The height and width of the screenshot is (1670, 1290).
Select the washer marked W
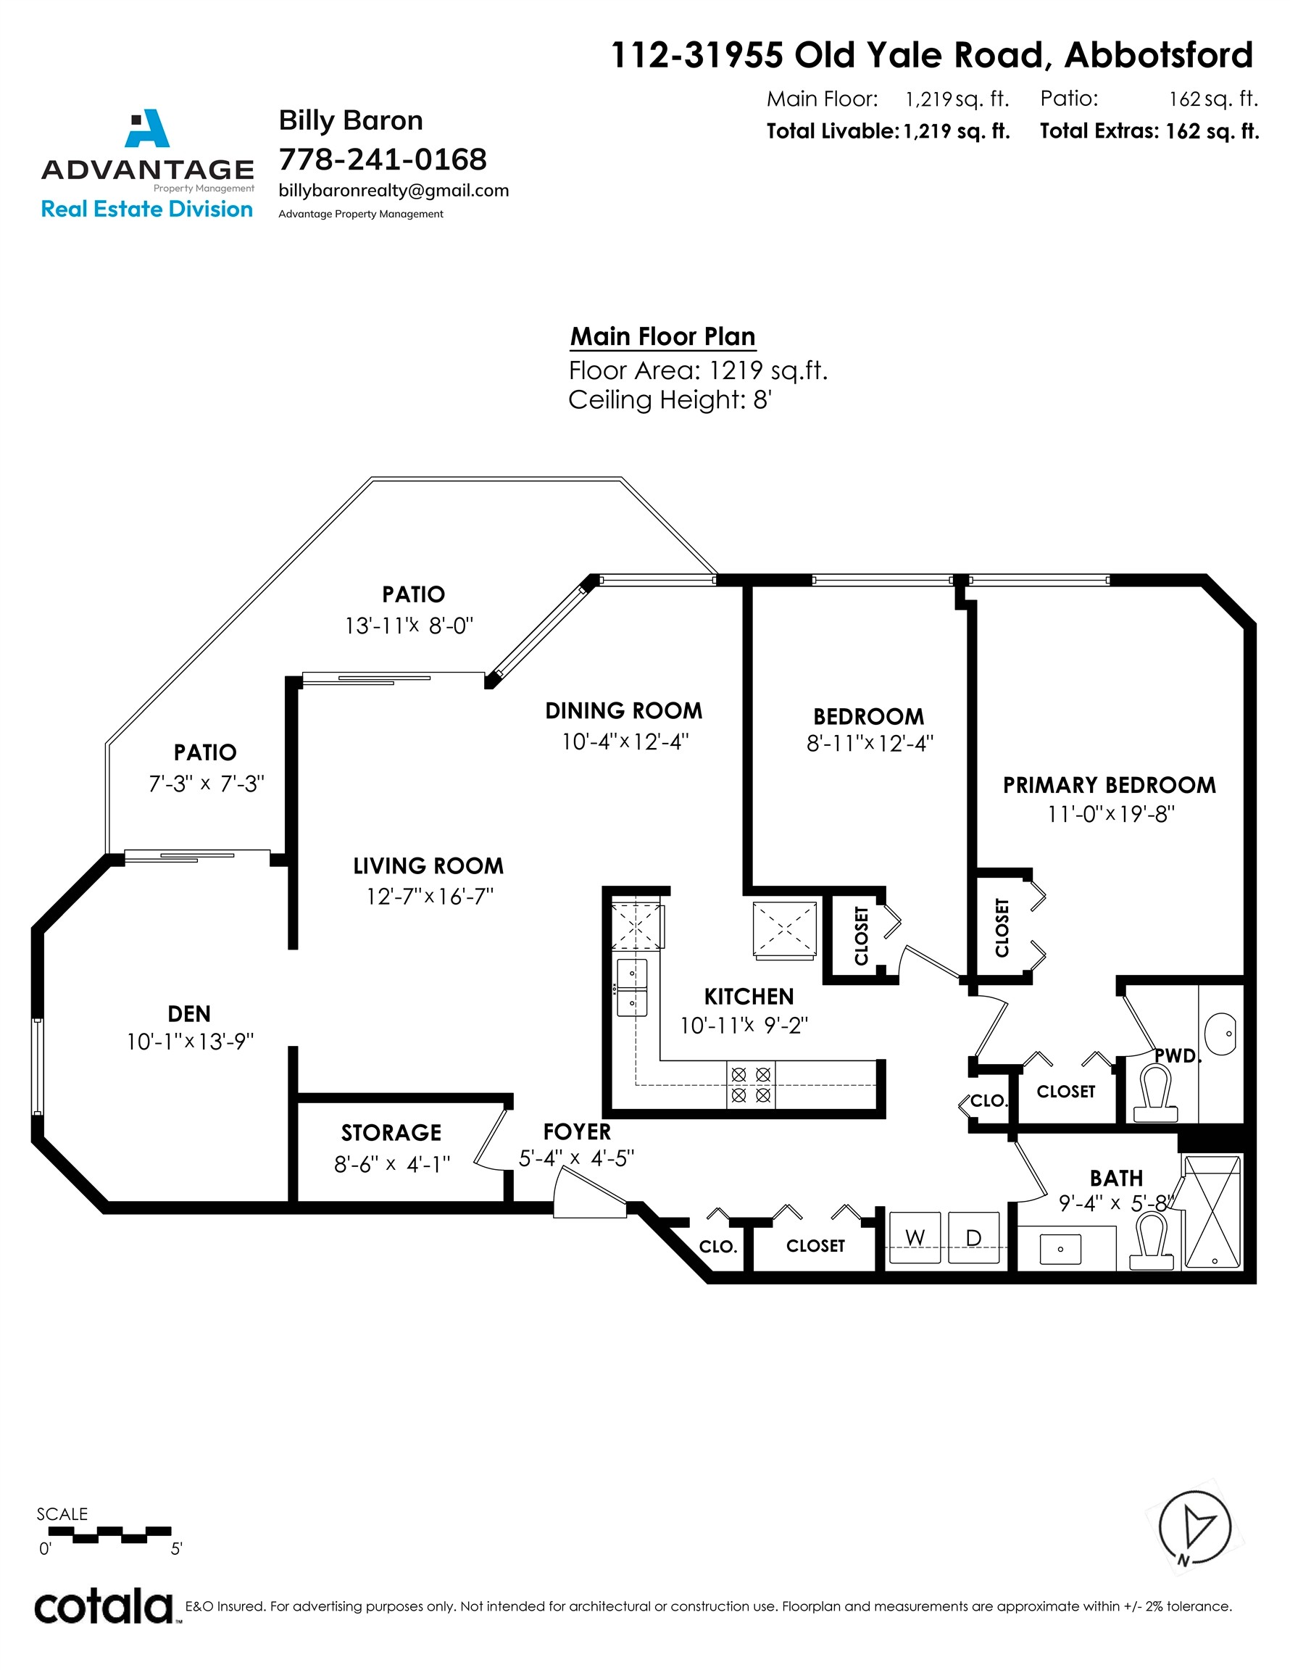tap(915, 1237)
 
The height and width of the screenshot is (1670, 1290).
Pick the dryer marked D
tap(973, 1237)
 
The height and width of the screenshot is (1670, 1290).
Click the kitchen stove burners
tap(750, 1085)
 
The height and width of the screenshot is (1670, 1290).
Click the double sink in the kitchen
tap(632, 988)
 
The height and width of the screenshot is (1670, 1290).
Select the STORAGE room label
tap(391, 1132)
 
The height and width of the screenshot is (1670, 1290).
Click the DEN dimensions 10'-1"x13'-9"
tap(190, 1042)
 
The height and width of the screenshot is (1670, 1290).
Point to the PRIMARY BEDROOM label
tap(1109, 785)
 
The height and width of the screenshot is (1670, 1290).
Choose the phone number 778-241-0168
tap(383, 159)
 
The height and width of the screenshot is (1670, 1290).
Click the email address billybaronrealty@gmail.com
tap(394, 191)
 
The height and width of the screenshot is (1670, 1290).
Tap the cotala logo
tap(105, 1605)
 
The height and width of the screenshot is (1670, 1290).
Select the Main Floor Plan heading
tap(663, 336)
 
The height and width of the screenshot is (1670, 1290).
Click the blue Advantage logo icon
tap(147, 128)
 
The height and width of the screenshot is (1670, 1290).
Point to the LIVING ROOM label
tap(428, 866)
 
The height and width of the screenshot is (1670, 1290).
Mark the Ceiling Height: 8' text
tap(670, 400)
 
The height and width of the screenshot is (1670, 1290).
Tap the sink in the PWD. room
tap(1220, 1034)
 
